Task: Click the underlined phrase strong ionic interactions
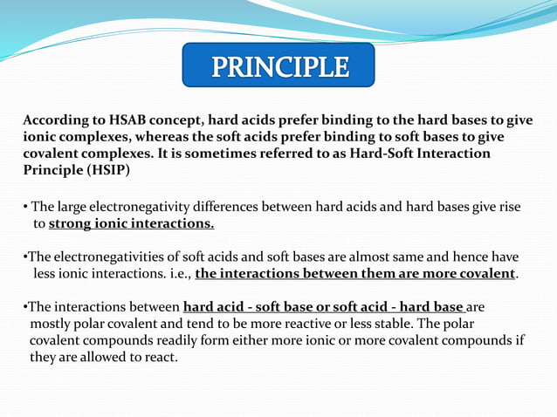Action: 131,224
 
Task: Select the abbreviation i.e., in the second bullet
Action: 175,274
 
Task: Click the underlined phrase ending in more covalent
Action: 355,274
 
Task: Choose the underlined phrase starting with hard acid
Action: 324,307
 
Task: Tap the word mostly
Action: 52,324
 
